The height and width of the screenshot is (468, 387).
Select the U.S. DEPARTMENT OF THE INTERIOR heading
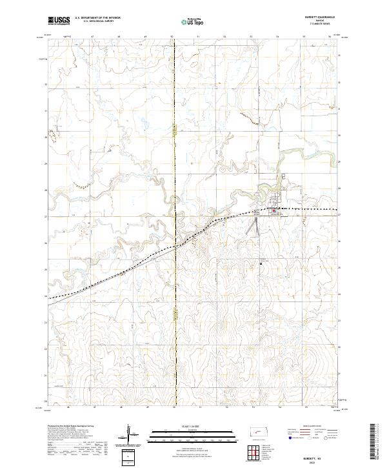[x=97, y=17]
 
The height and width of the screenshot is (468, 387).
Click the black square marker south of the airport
[x=261, y=263]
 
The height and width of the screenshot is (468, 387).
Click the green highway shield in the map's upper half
[x=175, y=129]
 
